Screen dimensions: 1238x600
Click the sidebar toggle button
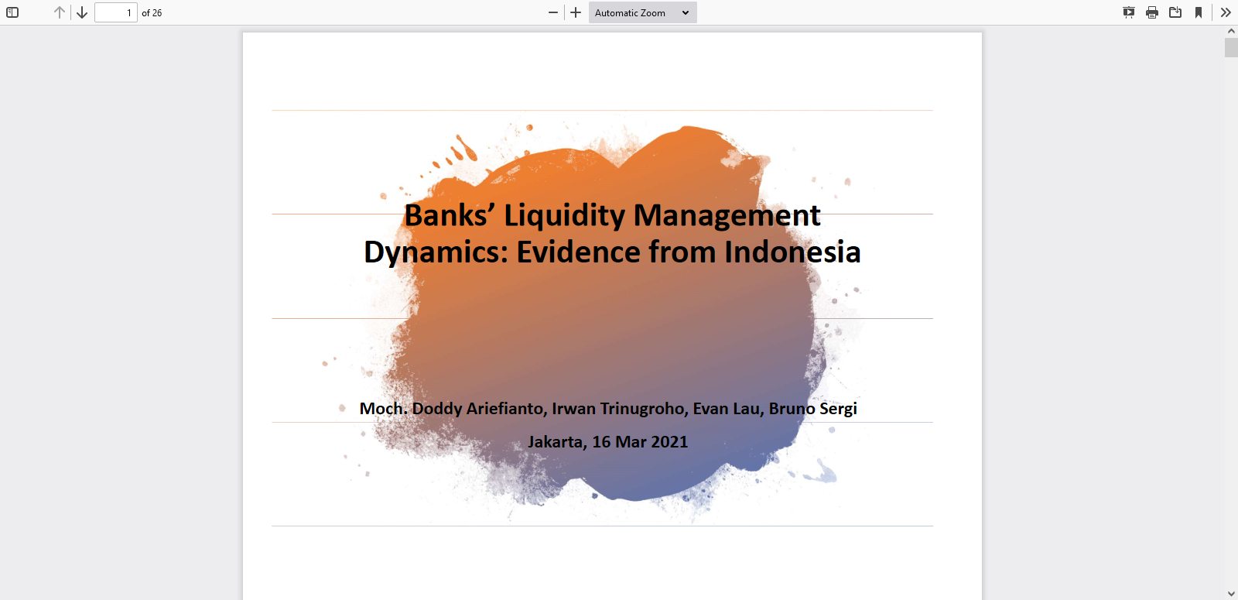(x=12, y=12)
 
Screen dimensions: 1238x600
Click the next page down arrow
(x=82, y=12)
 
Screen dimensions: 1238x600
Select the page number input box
(x=116, y=12)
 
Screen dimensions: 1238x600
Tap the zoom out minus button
(x=552, y=12)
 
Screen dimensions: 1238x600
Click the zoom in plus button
(x=576, y=12)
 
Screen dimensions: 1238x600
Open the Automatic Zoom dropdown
(x=642, y=12)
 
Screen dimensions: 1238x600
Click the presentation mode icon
(x=1129, y=12)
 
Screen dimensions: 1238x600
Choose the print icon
(x=1152, y=12)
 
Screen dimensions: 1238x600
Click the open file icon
(x=1175, y=12)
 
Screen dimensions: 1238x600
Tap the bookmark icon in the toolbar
(x=1199, y=12)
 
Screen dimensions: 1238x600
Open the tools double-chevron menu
(x=1226, y=12)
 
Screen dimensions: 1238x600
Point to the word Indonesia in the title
(x=792, y=252)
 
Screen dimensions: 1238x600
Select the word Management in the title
(x=727, y=216)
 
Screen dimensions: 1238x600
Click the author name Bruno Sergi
(x=813, y=409)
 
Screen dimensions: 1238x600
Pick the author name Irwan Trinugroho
(x=618, y=409)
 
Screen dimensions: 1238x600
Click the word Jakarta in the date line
(x=557, y=442)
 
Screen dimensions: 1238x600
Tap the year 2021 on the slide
(x=669, y=442)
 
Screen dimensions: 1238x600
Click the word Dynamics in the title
(x=436, y=252)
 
